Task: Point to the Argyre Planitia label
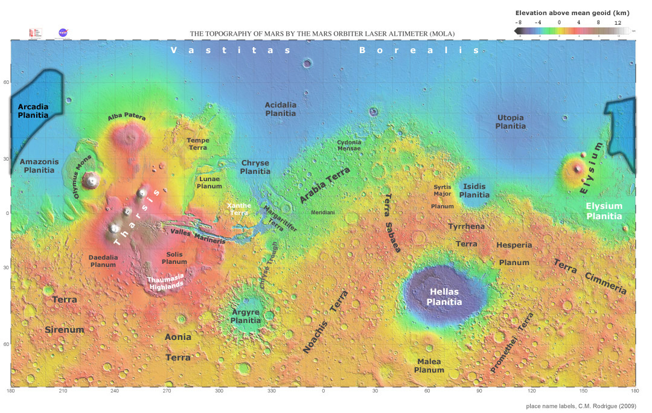click(x=246, y=316)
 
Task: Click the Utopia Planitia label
click(x=510, y=121)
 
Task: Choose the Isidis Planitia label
click(x=475, y=191)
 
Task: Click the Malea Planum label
click(x=430, y=365)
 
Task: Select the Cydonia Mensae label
click(x=349, y=145)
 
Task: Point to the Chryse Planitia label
click(x=255, y=167)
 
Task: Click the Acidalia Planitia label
click(x=281, y=109)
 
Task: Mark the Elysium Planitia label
click(x=604, y=211)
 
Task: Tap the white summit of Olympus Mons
click(x=92, y=179)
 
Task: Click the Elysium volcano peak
click(x=578, y=168)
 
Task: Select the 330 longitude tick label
click(x=271, y=392)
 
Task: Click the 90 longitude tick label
click(x=479, y=392)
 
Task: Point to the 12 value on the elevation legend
click(x=618, y=22)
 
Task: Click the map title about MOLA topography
click(x=322, y=34)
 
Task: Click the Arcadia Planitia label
click(x=33, y=110)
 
